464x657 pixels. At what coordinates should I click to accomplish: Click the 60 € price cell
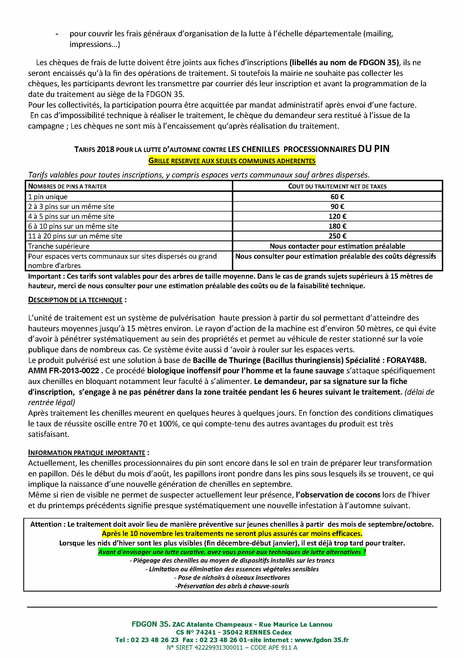pyautogui.click(x=337, y=197)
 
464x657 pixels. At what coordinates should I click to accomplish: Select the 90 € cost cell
pyautogui.click(x=337, y=206)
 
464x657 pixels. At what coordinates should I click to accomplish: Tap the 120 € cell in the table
pyautogui.click(x=337, y=216)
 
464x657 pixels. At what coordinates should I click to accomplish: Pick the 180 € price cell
pyautogui.click(x=337, y=226)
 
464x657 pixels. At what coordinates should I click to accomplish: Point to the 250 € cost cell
pyautogui.click(x=337, y=236)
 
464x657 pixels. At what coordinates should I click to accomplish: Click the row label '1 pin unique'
pyautogui.click(x=48, y=197)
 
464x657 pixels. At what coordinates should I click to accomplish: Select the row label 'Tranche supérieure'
pyautogui.click(x=59, y=246)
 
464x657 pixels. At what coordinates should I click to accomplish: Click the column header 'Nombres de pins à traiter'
pyautogui.click(x=67, y=186)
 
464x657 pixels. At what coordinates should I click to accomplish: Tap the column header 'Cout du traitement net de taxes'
pyautogui.click(x=337, y=186)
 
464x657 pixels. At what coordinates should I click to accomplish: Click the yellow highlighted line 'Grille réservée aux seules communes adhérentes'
pyautogui.click(x=232, y=161)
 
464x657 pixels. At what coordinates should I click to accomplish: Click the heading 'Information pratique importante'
pyautogui.click(x=87, y=453)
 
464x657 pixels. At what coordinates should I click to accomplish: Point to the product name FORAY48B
pyautogui.click(x=406, y=360)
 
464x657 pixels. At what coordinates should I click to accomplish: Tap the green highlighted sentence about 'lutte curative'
pyautogui.click(x=232, y=552)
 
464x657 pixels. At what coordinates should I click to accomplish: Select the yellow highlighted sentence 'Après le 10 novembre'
pyautogui.click(x=232, y=533)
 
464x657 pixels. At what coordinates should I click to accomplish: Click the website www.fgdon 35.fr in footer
pyautogui.click(x=322, y=640)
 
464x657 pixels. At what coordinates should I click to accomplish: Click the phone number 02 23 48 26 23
pyautogui.click(x=155, y=640)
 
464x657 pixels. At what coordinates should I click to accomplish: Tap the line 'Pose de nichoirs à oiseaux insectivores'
pyautogui.click(x=232, y=578)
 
